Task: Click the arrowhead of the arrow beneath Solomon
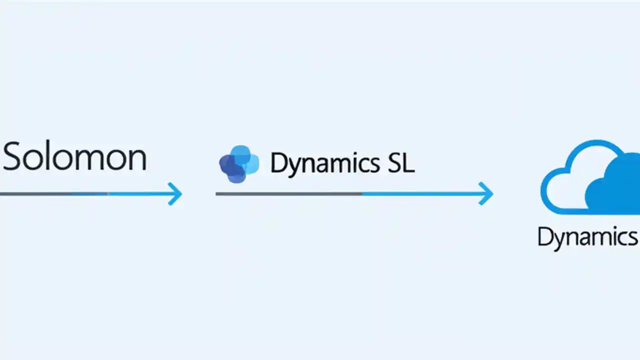tap(175, 193)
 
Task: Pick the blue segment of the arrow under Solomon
tap(140, 193)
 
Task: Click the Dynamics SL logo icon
tap(239, 164)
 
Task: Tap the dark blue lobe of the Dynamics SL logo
tap(228, 165)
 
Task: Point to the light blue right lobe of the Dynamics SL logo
tap(251, 163)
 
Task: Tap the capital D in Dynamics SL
tap(278, 163)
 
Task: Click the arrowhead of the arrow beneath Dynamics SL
tap(486, 193)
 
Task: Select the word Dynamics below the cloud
tap(588, 237)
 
